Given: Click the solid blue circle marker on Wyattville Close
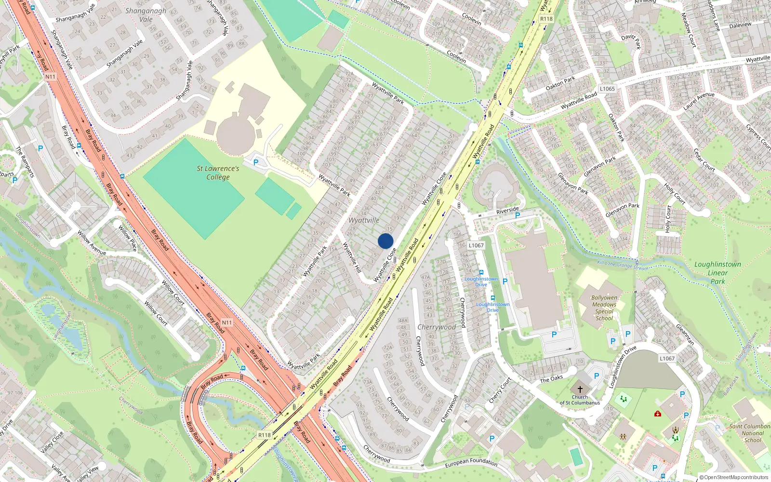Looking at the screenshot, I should pos(385,241).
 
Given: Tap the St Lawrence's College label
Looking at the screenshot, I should pos(218,173).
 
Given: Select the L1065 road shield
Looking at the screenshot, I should pos(607,89).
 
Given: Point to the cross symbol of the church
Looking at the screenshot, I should pos(580,389).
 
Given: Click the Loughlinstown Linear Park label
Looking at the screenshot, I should pos(718,273).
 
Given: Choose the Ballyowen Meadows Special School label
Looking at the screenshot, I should pos(604,308).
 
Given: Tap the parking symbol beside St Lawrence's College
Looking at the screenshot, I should pos(256,162).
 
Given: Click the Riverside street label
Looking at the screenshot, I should pos(507,211).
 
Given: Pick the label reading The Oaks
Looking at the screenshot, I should pos(551,379).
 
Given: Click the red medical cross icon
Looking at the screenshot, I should pos(658,414).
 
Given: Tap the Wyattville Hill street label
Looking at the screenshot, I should pos(352,257).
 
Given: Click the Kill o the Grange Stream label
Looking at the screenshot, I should pos(623,265).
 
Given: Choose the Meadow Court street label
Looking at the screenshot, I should pos(689,30).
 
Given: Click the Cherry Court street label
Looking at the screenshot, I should pos(500,390).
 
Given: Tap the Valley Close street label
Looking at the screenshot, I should pos(52,442).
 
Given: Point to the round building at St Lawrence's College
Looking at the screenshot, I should pos(234,133).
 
